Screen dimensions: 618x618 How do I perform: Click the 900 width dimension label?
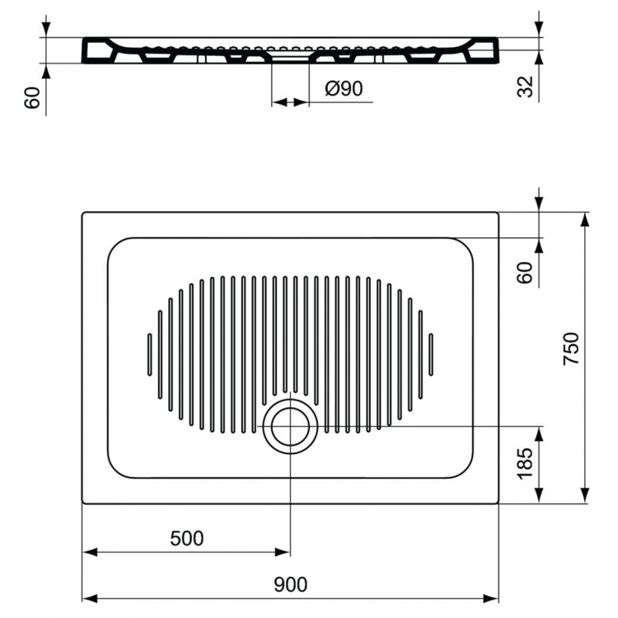[x=290, y=584]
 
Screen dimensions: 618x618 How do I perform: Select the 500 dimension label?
[x=186, y=539]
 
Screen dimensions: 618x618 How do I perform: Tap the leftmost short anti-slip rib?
[x=149, y=354]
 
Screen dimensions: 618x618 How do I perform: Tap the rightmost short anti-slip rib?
[x=431, y=354]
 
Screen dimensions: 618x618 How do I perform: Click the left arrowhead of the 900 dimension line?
[x=89, y=597]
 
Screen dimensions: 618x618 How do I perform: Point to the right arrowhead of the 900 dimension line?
[x=492, y=597]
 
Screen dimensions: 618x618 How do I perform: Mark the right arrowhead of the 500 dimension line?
[x=283, y=551]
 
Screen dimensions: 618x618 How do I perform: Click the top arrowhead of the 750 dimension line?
[x=584, y=219]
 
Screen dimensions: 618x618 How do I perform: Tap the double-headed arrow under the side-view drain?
[x=290, y=102]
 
